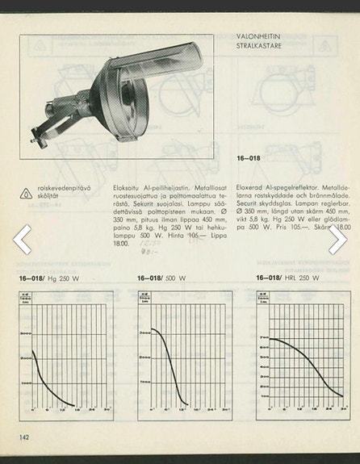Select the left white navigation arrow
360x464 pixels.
point(23,240)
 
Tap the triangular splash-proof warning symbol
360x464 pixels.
point(27,193)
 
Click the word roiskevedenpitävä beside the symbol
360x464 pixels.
point(64,187)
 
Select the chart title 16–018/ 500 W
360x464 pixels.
point(161,278)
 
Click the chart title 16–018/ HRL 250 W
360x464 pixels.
point(287,278)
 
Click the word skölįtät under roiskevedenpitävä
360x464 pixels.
point(50,196)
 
